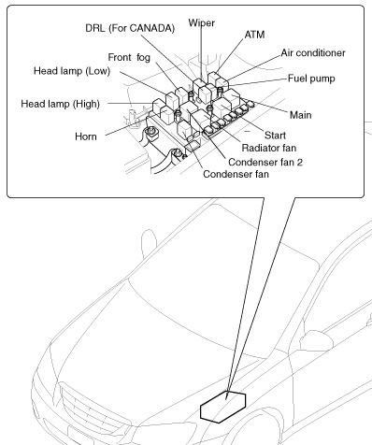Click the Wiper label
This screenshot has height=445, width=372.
(x=202, y=23)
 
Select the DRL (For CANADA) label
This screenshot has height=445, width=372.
(x=130, y=28)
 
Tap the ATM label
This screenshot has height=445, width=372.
(x=254, y=35)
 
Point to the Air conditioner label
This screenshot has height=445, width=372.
(x=313, y=53)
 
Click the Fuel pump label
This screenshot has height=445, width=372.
(x=311, y=79)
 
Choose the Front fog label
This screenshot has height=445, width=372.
(x=129, y=58)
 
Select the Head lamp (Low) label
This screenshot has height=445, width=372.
(x=72, y=71)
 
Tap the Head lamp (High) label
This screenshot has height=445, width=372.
(x=60, y=104)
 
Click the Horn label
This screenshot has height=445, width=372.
(x=86, y=136)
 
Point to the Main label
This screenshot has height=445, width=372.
(x=300, y=115)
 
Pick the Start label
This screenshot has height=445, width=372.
(x=275, y=136)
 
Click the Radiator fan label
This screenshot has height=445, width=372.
(x=269, y=148)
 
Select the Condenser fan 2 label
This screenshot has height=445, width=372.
(x=265, y=162)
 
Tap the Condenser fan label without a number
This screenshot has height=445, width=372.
(x=236, y=174)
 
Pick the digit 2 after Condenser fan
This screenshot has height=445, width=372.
(x=299, y=162)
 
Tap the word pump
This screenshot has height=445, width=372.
(x=323, y=79)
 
